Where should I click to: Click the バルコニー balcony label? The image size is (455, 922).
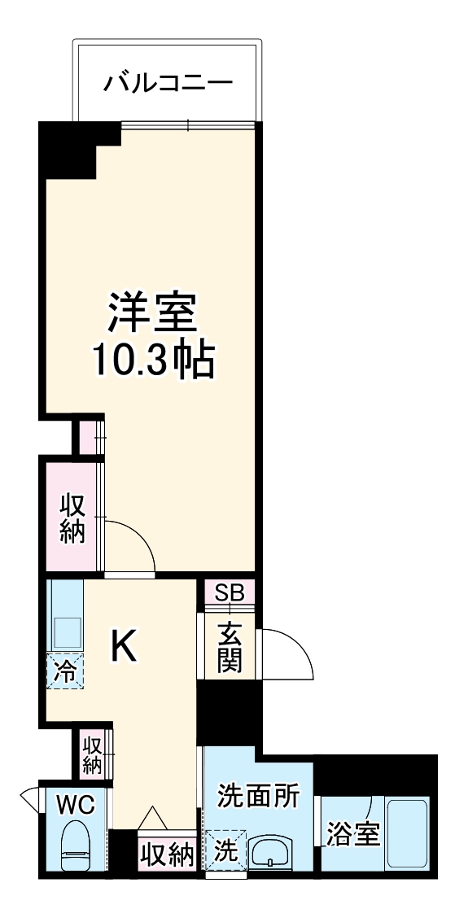[x=168, y=83]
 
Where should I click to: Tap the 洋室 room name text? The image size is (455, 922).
[x=152, y=312]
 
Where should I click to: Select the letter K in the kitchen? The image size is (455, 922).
[x=124, y=647]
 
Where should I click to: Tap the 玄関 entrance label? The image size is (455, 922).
[x=229, y=647]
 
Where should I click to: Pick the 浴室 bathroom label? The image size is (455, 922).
[x=352, y=834]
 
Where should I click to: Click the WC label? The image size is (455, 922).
[x=76, y=805]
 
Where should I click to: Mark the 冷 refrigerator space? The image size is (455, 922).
[x=64, y=671]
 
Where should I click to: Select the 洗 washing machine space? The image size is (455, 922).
[x=225, y=852]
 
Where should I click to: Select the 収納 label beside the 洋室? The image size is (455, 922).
[x=72, y=518]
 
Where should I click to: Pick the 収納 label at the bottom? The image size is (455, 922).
[x=166, y=855]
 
